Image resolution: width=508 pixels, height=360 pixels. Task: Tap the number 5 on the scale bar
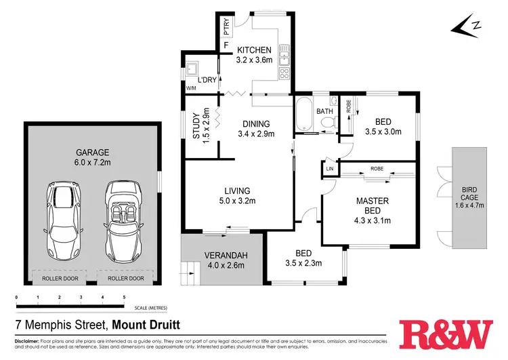pyautogui.click(x=124, y=298)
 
